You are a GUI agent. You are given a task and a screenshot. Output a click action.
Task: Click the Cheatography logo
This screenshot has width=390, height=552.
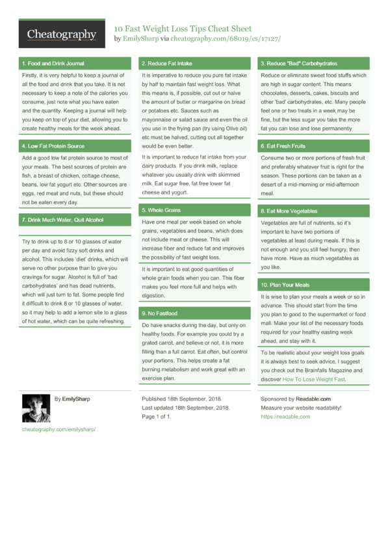pyautogui.click(x=61, y=34)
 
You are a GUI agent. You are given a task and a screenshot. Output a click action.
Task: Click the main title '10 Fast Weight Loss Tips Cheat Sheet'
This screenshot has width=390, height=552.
pyautogui.click(x=183, y=29)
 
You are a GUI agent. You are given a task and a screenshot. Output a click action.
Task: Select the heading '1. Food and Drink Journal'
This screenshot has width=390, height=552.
pyautogui.click(x=53, y=64)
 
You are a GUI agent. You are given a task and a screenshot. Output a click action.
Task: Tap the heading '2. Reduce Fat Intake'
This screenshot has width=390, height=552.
pyautogui.click(x=167, y=64)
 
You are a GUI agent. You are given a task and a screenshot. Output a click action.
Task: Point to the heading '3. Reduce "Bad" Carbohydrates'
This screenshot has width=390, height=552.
pyautogui.click(x=298, y=64)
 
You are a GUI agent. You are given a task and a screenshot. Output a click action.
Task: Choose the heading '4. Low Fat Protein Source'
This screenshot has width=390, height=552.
pyautogui.click(x=53, y=146)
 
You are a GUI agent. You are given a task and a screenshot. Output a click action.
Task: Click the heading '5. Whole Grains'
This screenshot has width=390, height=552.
pyautogui.click(x=161, y=210)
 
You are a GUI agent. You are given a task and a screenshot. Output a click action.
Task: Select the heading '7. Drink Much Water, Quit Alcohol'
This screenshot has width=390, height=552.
pyautogui.click(x=62, y=220)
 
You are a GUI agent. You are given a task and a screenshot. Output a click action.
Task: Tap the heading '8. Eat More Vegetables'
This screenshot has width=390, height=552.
pyautogui.click(x=289, y=211)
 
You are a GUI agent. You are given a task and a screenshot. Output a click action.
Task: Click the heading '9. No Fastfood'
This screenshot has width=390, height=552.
pyautogui.click(x=159, y=313)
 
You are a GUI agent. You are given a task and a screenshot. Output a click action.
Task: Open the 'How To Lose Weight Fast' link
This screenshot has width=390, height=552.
pyautogui.click(x=313, y=379)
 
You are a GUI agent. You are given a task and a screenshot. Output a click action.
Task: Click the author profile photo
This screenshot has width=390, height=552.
pyautogui.click(x=35, y=408)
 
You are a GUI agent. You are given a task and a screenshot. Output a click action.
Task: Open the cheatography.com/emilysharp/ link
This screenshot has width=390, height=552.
pyautogui.click(x=58, y=430)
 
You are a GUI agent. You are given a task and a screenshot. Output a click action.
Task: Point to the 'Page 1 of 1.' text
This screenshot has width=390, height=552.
pyautogui.click(x=156, y=416)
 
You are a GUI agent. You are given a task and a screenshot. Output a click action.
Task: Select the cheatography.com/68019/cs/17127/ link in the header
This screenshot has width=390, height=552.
pyautogui.click(x=226, y=39)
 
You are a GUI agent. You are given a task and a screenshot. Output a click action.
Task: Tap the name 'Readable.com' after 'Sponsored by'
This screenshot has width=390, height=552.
pyautogui.click(x=313, y=399)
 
